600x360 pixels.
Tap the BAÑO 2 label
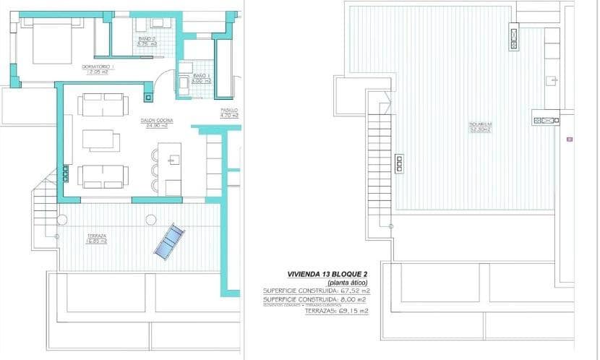click(147, 38)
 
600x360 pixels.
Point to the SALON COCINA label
click(155, 121)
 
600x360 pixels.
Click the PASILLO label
click(229, 110)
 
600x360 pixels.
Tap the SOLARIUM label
click(480, 124)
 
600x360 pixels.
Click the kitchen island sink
click(175, 160)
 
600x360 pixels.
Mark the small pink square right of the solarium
click(569, 137)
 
